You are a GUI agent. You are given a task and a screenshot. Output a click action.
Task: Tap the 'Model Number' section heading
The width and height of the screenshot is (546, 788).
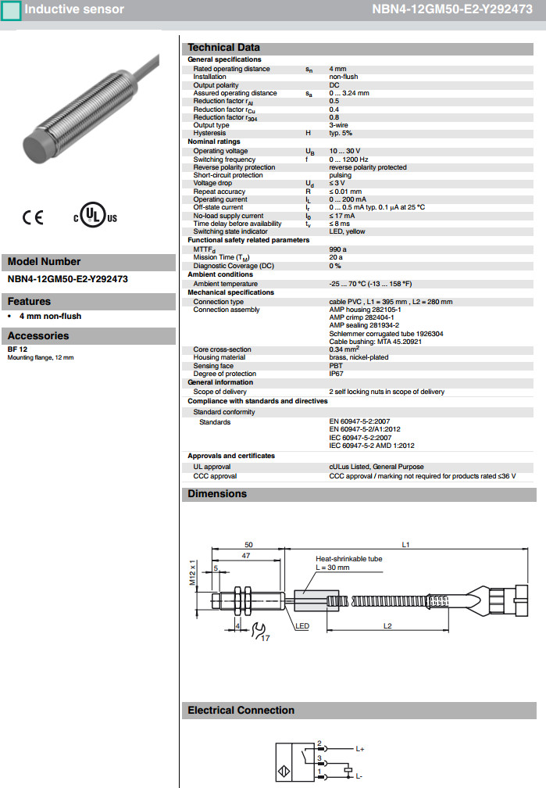tap(44, 262)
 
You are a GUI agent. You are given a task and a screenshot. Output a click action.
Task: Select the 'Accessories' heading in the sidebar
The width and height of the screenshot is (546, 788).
tap(38, 336)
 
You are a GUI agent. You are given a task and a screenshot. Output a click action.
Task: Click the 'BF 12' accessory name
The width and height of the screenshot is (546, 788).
tap(16, 349)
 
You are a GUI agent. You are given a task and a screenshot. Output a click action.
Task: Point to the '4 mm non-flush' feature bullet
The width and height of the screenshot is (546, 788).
tap(50, 316)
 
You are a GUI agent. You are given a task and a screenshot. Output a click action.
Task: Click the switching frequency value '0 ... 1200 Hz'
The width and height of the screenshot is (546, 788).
tap(348, 159)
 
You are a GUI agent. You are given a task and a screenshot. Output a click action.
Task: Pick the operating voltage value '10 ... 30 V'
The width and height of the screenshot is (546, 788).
tap(344, 151)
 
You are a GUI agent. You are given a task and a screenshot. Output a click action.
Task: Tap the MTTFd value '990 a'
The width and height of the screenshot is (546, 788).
tap(337, 249)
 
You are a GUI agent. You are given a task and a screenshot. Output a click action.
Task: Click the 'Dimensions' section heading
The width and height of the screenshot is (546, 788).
tap(217, 494)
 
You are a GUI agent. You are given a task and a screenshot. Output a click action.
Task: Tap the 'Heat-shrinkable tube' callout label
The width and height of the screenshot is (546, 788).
tap(348, 559)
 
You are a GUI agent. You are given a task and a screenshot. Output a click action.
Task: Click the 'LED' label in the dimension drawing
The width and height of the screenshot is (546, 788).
tap(302, 626)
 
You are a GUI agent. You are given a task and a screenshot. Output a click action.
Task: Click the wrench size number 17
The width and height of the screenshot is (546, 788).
tap(266, 639)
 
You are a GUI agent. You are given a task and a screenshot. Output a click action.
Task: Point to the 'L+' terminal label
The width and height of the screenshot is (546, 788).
tap(360, 748)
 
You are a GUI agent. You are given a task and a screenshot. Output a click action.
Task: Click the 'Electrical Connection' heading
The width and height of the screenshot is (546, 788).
tap(241, 711)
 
